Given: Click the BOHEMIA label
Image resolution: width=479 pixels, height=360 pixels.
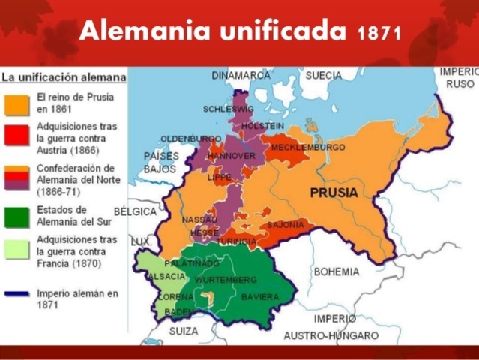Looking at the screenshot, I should (337, 271).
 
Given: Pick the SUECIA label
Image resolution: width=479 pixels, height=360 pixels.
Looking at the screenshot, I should (323, 76).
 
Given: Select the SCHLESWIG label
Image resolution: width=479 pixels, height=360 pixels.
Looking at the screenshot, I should (225, 109).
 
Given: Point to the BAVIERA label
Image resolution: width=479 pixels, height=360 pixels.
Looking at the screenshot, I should (259, 297).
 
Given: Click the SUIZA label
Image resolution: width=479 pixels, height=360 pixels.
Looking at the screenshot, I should (184, 331).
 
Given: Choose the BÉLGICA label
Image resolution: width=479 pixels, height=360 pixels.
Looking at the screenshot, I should (136, 212).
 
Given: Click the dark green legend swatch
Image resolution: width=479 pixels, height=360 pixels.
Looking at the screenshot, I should (16, 217).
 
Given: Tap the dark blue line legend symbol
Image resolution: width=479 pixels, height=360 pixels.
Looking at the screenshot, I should (16, 294).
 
